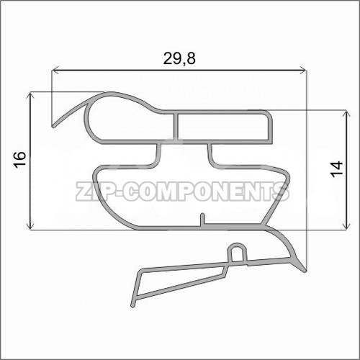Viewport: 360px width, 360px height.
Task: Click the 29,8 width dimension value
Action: (179, 58)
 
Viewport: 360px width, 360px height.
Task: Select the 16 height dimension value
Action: (20, 159)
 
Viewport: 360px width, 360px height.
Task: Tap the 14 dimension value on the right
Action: (336, 169)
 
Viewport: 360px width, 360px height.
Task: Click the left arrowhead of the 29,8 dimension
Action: (55, 71)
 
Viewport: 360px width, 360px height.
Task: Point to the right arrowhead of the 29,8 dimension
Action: (303, 71)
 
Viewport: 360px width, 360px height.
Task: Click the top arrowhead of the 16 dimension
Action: (30, 96)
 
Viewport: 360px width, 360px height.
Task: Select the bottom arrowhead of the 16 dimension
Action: (30, 225)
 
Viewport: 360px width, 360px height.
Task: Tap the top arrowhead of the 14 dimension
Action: (346, 114)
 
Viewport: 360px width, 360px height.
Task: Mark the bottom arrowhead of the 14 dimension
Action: (346, 225)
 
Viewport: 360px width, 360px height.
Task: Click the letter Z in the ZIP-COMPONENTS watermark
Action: (84, 191)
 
